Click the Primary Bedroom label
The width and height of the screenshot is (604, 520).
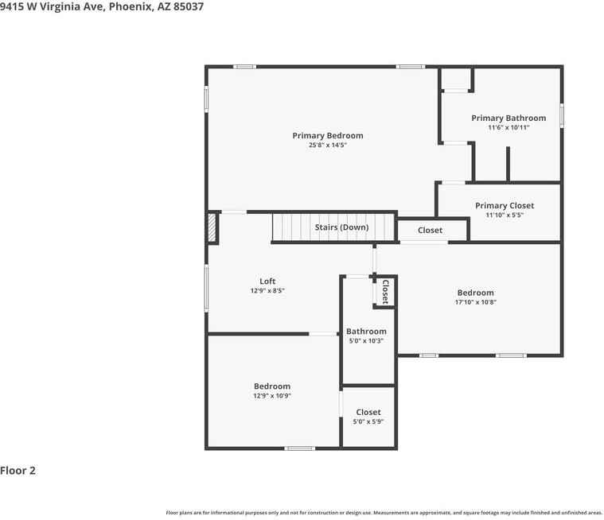pos(327,136)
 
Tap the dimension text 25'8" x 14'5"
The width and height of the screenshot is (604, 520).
pos(327,146)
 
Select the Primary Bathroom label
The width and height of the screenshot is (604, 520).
pos(509,118)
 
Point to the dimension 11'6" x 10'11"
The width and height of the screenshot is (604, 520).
pos(509,127)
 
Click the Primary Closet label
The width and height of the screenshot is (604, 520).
pos(505,206)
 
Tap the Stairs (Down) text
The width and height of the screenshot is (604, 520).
pos(341,227)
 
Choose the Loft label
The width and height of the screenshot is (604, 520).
pos(267,281)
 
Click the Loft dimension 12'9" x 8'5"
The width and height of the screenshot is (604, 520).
pos(267,291)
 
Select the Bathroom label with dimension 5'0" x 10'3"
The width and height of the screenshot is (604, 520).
pos(366,332)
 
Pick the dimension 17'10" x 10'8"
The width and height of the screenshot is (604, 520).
pos(475,302)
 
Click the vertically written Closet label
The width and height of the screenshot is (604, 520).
pos(385,292)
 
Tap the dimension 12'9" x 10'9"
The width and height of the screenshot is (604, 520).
pos(272,396)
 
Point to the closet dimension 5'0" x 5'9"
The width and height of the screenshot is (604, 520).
pos(368,421)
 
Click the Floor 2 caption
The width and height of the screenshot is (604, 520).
pos(18,471)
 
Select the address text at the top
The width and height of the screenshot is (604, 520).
pos(102,6)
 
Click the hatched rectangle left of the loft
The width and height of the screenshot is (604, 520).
pos(212,228)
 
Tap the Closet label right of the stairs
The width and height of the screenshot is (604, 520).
pos(430,231)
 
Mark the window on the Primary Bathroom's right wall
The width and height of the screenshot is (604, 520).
pos(562,114)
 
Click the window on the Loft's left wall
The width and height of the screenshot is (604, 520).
pos(207,287)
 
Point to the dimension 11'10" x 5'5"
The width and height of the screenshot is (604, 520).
pos(505,215)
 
